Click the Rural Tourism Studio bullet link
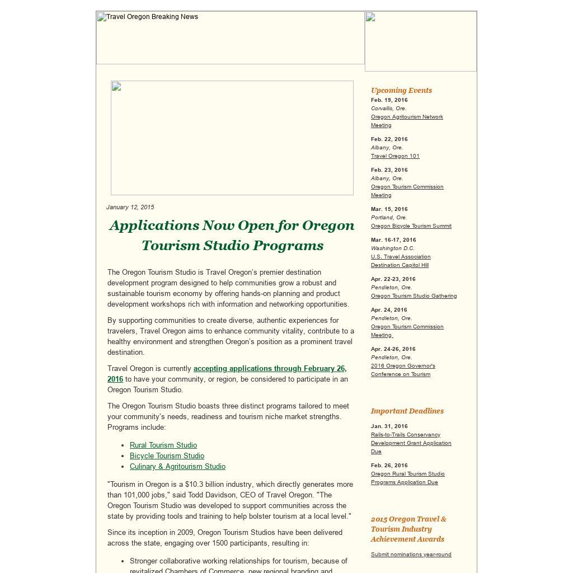point(163,445)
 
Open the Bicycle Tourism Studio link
point(167,456)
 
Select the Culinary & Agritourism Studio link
point(177,467)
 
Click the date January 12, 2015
point(130,207)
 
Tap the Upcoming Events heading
point(401,90)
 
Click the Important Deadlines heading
point(407,411)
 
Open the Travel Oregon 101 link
point(395,156)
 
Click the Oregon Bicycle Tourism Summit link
point(411,226)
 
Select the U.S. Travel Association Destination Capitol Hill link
point(401,261)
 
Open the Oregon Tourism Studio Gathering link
point(414,296)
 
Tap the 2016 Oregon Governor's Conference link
point(403,370)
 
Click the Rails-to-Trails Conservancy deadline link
point(411,443)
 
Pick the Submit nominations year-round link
point(411,555)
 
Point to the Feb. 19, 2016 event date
point(389,100)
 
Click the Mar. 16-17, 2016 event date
point(393,240)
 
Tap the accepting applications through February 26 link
point(270,369)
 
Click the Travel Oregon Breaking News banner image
point(230,37)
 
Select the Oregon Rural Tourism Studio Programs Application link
point(407,478)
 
